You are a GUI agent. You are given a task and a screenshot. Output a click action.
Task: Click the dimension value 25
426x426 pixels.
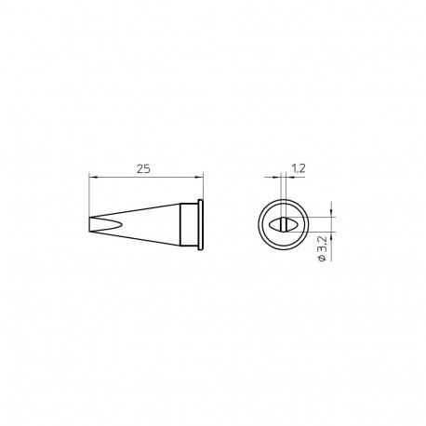point(144,167)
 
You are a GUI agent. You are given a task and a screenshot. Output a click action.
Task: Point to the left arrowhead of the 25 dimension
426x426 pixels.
point(91,176)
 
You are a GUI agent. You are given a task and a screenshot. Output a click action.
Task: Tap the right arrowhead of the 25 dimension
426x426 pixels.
point(200,176)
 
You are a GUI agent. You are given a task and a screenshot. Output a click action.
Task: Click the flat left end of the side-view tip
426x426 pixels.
point(89,224)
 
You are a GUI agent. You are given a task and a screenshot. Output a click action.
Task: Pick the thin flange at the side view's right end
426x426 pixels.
point(201,224)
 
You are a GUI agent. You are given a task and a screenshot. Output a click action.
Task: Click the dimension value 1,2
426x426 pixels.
point(299,168)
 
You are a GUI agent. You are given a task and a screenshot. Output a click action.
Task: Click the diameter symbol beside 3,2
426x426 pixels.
point(321,259)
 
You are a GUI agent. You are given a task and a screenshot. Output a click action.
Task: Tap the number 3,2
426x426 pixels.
point(321,245)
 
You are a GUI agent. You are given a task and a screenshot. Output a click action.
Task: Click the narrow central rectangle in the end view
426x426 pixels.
point(285,224)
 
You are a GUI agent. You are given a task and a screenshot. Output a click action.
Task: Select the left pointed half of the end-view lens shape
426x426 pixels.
point(276,224)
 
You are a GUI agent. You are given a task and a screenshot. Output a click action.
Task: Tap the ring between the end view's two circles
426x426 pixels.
point(263,224)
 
